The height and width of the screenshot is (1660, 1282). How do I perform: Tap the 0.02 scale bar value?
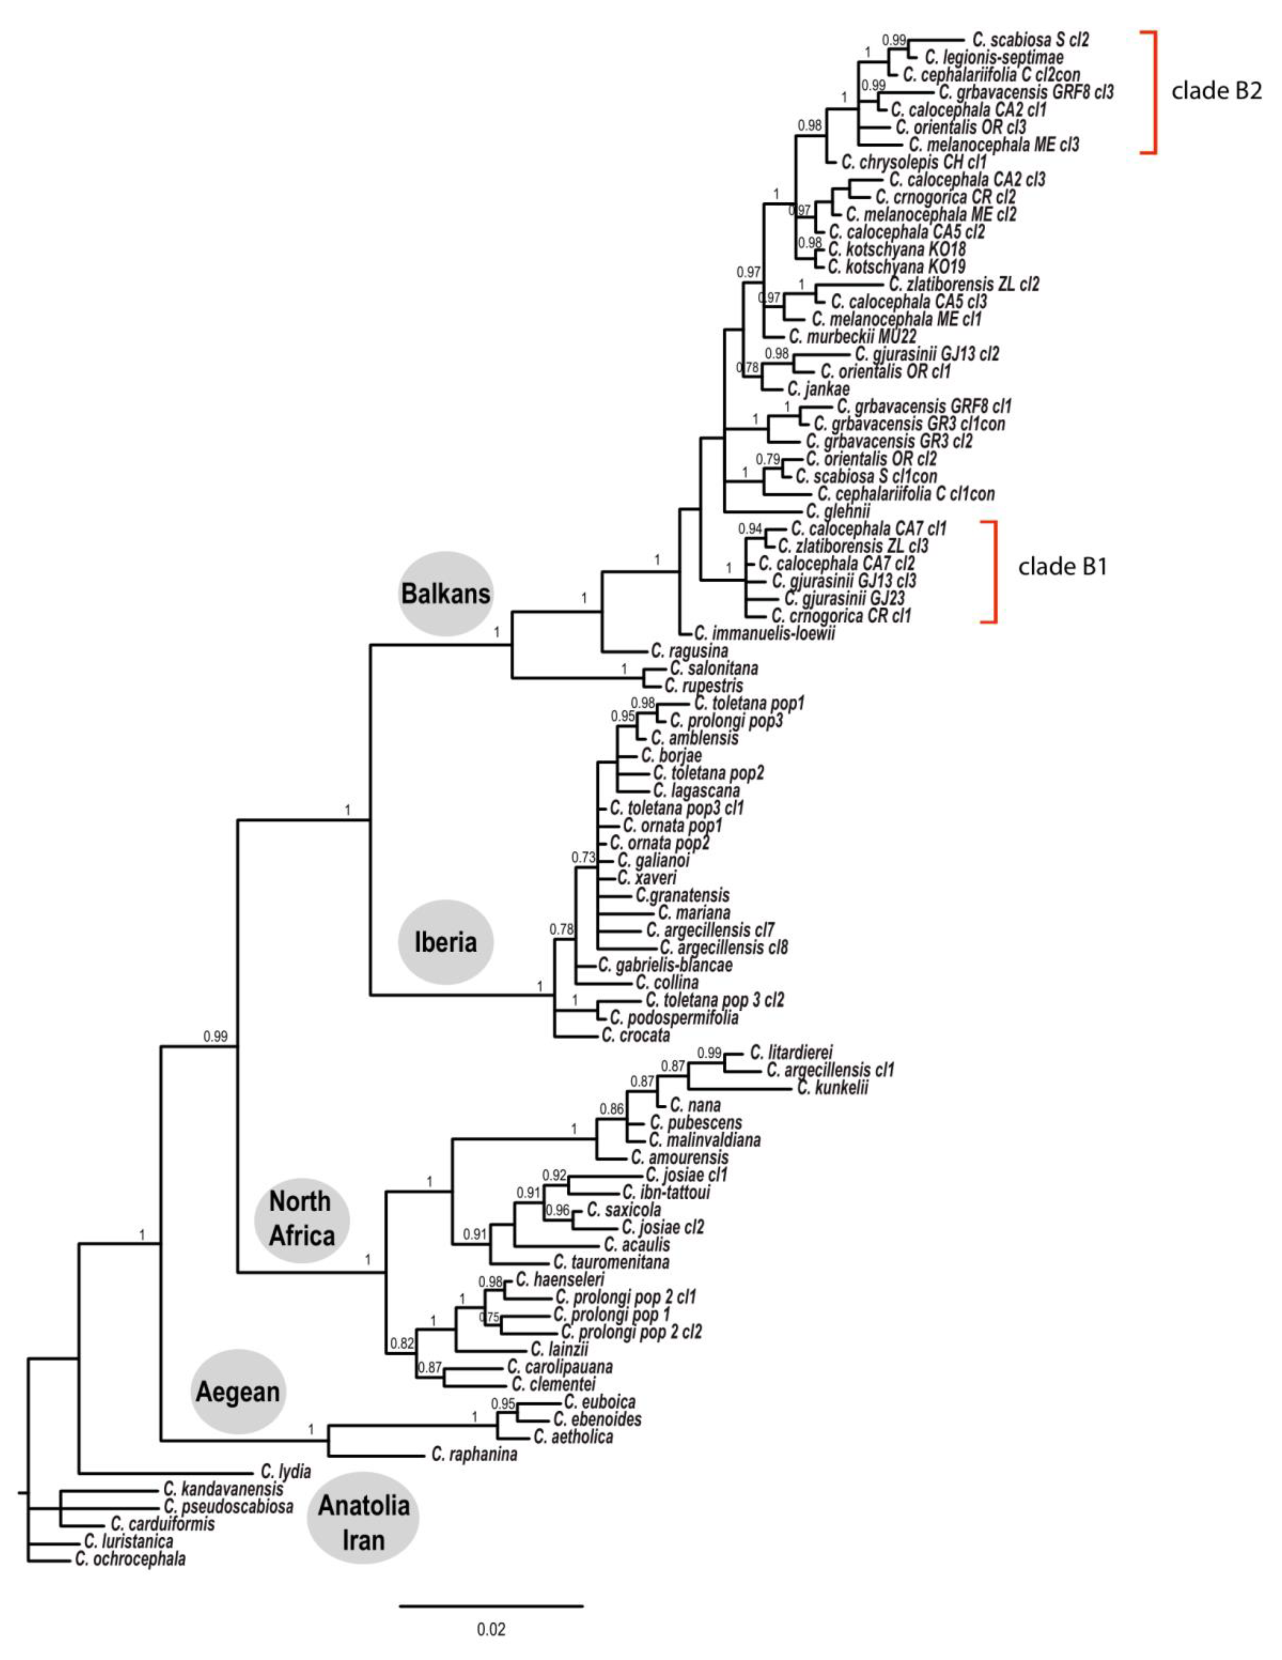pos(491,1629)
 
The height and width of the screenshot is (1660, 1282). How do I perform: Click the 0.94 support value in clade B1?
pos(750,528)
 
